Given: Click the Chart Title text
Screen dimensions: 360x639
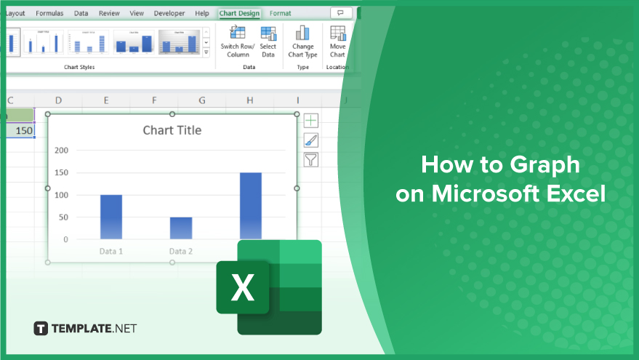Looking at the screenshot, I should (x=172, y=130).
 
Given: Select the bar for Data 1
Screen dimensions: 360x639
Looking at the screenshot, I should (x=110, y=217).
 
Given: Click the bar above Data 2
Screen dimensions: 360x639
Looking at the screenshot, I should (x=181, y=228).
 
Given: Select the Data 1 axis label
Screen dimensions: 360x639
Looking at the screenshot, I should (x=110, y=252).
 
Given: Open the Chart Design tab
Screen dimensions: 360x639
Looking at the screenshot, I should (x=239, y=13).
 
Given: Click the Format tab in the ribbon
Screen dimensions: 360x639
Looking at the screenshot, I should (x=280, y=13).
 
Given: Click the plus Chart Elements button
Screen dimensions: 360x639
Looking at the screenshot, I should (x=310, y=121).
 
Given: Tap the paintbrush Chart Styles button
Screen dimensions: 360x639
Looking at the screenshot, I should (x=310, y=140).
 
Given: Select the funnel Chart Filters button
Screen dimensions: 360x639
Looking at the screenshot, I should (x=310, y=160).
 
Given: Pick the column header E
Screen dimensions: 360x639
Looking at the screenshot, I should (x=106, y=100).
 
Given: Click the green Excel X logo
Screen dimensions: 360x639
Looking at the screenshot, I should (x=243, y=287).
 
